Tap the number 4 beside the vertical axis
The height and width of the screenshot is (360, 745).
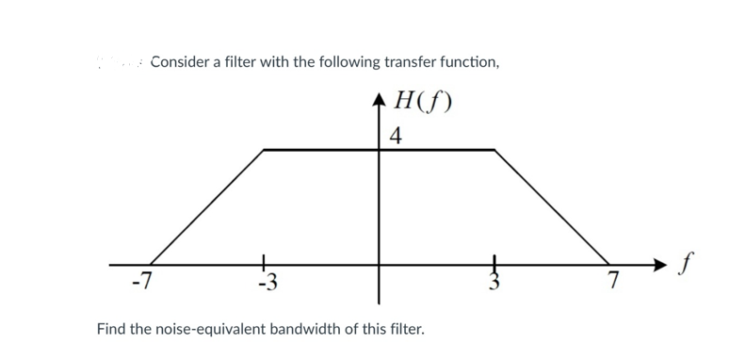(x=396, y=136)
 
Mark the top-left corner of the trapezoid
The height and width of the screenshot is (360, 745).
(x=265, y=149)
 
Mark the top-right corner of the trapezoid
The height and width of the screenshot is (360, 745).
(x=494, y=149)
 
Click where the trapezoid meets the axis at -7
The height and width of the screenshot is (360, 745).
(x=151, y=264)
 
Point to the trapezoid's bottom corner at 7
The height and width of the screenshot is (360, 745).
(x=608, y=264)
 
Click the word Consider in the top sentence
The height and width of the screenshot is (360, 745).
(x=181, y=62)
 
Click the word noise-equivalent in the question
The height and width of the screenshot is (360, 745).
(x=215, y=331)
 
